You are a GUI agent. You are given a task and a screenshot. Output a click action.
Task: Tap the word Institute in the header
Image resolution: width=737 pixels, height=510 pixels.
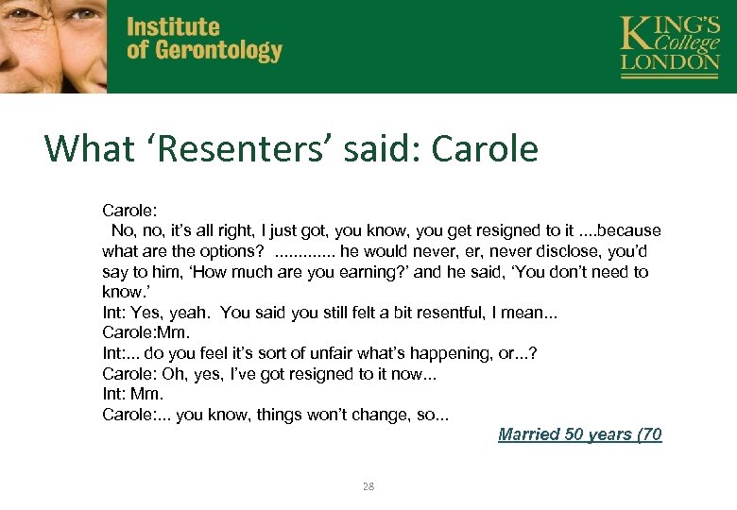173,27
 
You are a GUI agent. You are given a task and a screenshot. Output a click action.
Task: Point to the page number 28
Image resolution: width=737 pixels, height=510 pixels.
368,486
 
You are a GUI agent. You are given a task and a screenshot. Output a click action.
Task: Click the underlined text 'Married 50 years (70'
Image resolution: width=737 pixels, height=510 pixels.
579,434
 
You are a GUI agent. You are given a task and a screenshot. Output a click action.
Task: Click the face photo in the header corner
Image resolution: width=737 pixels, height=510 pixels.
53,45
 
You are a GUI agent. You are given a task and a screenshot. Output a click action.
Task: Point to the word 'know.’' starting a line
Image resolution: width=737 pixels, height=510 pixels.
124,293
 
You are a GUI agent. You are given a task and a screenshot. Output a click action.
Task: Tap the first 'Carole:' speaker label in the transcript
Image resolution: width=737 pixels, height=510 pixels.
129,210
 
